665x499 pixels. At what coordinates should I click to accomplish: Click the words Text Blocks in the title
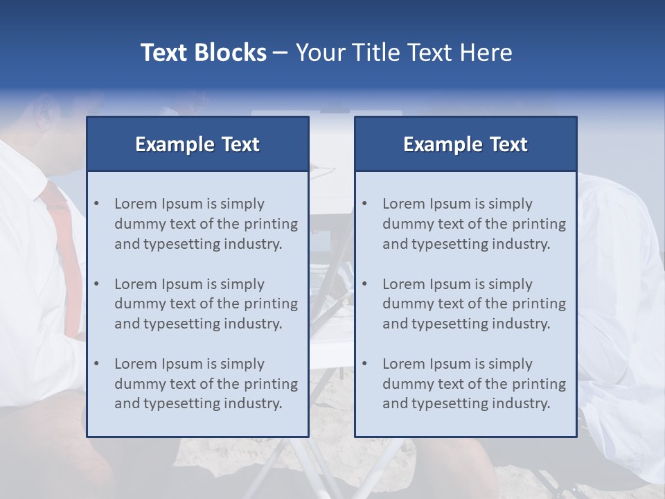click(203, 53)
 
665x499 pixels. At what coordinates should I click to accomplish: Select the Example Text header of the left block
click(197, 144)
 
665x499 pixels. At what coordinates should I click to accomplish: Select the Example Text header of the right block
click(465, 144)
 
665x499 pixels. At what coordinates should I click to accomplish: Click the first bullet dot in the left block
click(96, 204)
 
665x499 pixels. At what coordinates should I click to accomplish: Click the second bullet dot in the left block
click(96, 284)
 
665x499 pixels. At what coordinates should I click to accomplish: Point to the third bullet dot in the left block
click(96, 364)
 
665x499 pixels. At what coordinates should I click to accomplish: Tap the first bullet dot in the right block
click(364, 204)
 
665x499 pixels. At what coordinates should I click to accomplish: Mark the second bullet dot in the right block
click(364, 284)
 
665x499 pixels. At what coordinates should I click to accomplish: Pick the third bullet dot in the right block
click(364, 364)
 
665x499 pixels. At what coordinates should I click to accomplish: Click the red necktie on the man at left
click(62, 236)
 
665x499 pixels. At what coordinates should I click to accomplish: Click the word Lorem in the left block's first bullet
click(136, 204)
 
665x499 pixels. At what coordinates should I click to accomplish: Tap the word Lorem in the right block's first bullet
click(404, 204)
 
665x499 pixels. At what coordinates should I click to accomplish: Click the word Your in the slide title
click(321, 53)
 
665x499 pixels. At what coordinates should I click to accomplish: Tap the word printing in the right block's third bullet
click(538, 384)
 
